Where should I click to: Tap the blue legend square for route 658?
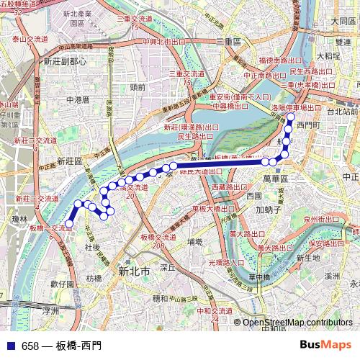(x=9, y=346)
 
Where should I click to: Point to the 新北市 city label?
(x=134, y=271)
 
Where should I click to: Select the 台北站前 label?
(x=343, y=112)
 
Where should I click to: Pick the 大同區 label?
(x=343, y=22)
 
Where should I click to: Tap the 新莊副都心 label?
(x=65, y=62)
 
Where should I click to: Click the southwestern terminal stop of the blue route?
(x=70, y=224)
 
